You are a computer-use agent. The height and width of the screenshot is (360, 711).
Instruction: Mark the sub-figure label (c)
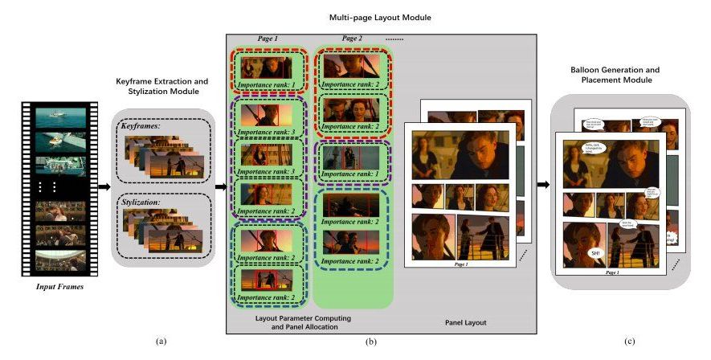click(x=630, y=342)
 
